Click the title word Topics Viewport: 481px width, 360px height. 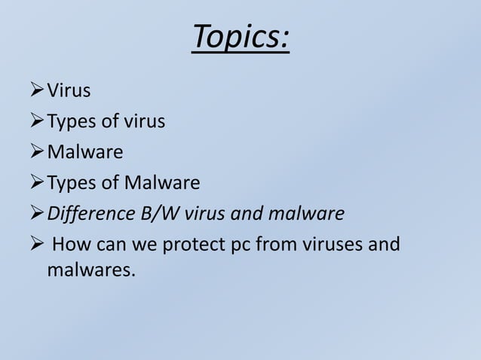(240, 37)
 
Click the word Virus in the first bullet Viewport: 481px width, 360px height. (69, 92)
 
